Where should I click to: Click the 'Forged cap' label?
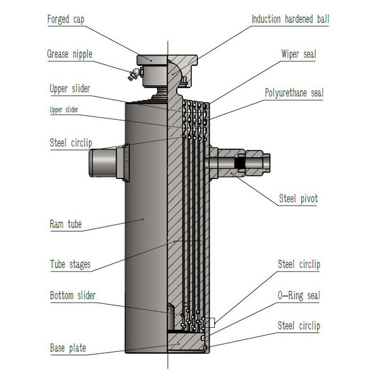coord(67,19)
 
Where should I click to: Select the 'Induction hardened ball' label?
coord(290,19)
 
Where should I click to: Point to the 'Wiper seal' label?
coord(298,54)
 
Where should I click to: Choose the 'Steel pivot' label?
coord(298,199)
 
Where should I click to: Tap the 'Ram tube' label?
coord(66,224)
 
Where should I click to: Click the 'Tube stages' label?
coord(70,264)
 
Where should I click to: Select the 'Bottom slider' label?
coord(73,295)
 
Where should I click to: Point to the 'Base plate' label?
coord(67,348)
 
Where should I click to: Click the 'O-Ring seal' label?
coord(298,295)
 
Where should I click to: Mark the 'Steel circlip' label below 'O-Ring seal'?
coord(298,326)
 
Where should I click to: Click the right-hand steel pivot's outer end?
coord(265,164)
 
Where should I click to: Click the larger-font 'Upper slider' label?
coord(70,89)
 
